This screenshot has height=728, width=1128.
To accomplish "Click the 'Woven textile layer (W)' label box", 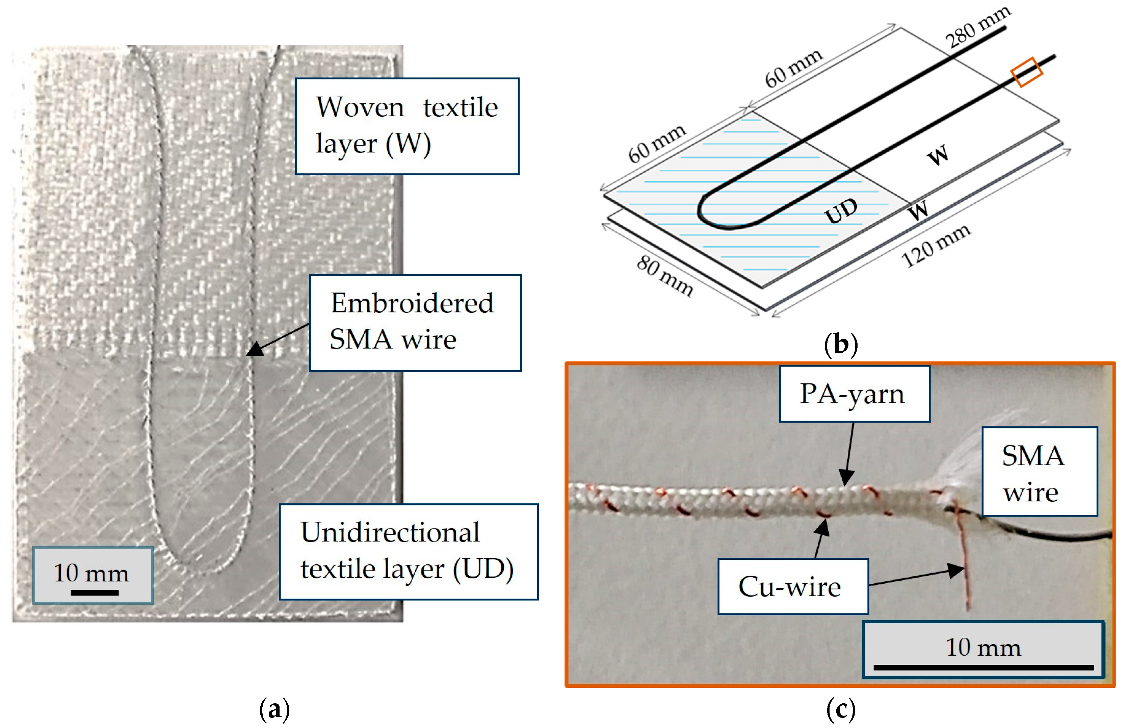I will pyautogui.click(x=407, y=126).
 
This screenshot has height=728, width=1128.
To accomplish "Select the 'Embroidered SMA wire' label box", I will pyautogui.click(x=415, y=323).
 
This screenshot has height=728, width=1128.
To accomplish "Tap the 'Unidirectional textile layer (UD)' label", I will pyautogui.click(x=408, y=552).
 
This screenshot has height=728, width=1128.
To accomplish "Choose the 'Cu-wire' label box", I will pyautogui.click(x=793, y=586).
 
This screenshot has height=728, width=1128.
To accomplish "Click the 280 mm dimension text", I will pyautogui.click(x=978, y=27).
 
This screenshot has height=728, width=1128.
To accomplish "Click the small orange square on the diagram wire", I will pyautogui.click(x=1026, y=72).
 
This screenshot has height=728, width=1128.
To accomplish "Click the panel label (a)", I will pyautogui.click(x=274, y=709).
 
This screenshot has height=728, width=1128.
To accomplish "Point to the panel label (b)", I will pyautogui.click(x=841, y=344).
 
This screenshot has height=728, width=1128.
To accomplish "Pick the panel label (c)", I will pyautogui.click(x=841, y=709).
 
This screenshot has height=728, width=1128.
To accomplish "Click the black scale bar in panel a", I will pyautogui.click(x=95, y=592).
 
